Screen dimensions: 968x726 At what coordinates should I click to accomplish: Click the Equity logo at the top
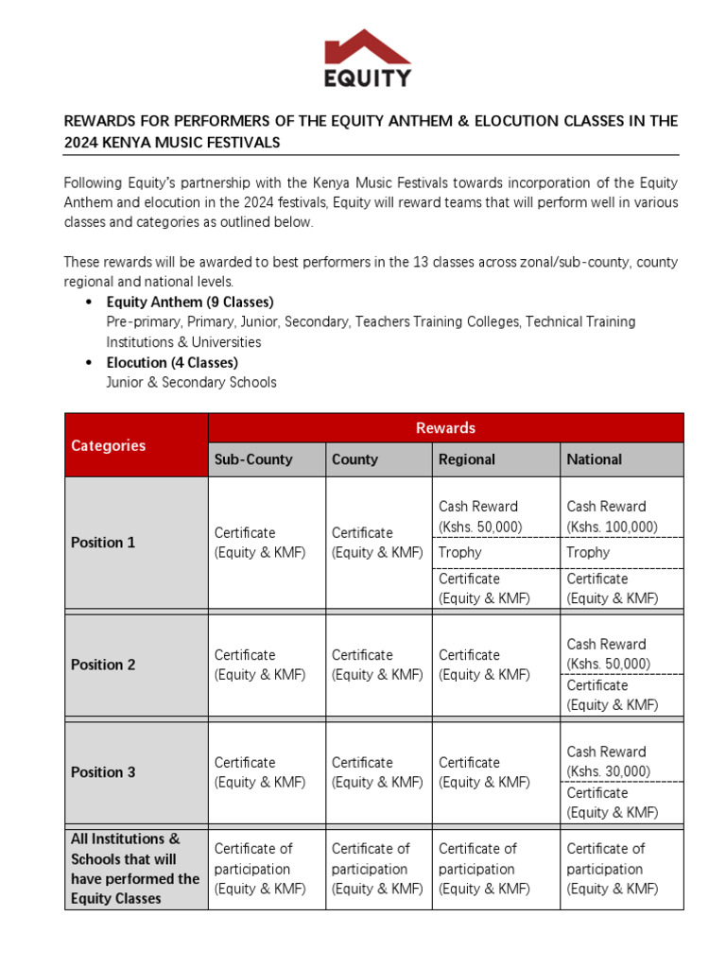pos(368,59)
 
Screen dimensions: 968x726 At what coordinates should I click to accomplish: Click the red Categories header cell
pos(136,445)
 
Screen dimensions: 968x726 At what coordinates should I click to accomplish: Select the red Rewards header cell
pos(445,428)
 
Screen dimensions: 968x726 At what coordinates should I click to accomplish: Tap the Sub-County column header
pos(267,459)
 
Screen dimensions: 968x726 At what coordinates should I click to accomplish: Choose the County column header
pos(378,459)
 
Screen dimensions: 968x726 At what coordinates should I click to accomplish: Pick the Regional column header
pos(495,459)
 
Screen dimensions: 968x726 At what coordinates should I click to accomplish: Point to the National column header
pos(621,459)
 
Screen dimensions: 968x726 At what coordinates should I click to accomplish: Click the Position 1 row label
pos(136,543)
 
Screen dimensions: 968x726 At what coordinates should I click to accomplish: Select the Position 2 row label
pos(136,665)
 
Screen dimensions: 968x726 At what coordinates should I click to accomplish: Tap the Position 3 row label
pos(136,772)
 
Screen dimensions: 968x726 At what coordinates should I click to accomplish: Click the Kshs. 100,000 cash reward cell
pos(621,516)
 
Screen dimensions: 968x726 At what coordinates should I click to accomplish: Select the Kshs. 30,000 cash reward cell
pos(621,762)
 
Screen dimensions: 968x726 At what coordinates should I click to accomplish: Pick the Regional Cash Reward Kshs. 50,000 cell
pos(495,516)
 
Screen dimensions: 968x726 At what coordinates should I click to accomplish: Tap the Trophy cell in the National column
pos(621,552)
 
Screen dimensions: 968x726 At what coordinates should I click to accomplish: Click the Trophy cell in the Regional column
pos(495,552)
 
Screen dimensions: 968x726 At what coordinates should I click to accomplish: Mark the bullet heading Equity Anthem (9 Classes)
pos(190,302)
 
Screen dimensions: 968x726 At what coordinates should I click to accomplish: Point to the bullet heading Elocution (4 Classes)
pos(172,362)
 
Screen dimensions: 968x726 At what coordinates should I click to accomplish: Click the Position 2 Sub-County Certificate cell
pos(267,665)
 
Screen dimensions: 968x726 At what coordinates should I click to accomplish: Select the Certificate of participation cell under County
pos(378,869)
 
